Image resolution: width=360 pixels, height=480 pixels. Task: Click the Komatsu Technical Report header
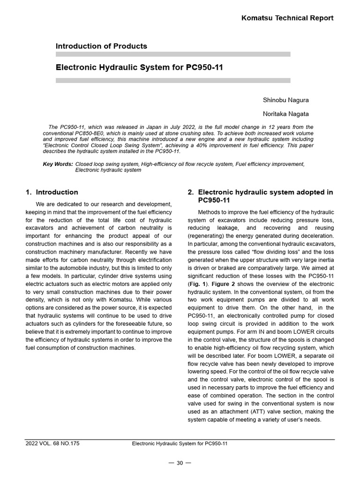pos(287,18)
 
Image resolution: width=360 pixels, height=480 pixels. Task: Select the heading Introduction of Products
pos(101,46)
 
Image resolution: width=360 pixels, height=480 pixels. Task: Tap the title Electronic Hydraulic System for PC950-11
pos(139,67)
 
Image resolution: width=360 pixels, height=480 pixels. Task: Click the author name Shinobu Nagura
pos(285,100)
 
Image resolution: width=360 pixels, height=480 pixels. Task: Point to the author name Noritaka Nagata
pos(285,114)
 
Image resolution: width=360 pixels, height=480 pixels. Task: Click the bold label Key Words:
pos(58,164)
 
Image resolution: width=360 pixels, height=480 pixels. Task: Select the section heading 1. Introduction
pos(52,192)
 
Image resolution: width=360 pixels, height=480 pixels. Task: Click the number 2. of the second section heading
pos(191,192)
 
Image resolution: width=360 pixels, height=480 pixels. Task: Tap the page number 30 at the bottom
pos(180,463)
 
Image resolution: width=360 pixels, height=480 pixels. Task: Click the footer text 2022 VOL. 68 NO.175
pos(52,443)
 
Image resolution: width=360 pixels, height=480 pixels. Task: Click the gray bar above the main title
pos(172,54)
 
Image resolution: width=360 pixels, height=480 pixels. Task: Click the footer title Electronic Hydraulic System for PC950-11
pos(180,443)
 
